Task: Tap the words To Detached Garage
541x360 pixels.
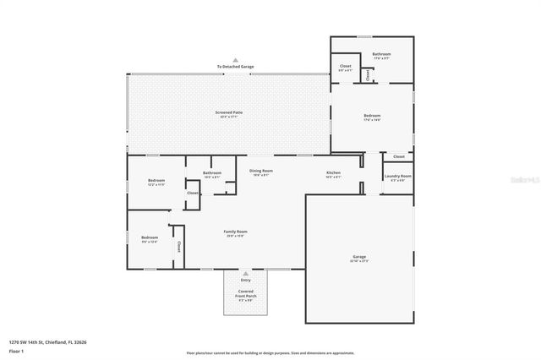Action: [x=235, y=67]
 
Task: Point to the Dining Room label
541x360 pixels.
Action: [x=261, y=171]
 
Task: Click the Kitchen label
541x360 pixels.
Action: [x=333, y=173]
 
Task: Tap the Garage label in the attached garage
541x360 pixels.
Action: [x=359, y=256]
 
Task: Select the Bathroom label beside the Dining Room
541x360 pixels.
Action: [x=211, y=173]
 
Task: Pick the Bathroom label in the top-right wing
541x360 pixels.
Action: [x=382, y=54]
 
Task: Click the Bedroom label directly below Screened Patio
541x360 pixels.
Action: [x=156, y=180]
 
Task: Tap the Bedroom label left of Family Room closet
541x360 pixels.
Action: [x=150, y=237]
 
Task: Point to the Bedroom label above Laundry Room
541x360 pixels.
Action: [x=372, y=116]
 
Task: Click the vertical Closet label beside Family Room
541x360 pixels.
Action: [x=179, y=247]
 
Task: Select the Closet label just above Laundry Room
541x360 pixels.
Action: [x=399, y=156]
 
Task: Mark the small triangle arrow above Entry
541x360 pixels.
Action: [x=245, y=274]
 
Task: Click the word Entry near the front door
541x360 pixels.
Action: [x=245, y=280]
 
